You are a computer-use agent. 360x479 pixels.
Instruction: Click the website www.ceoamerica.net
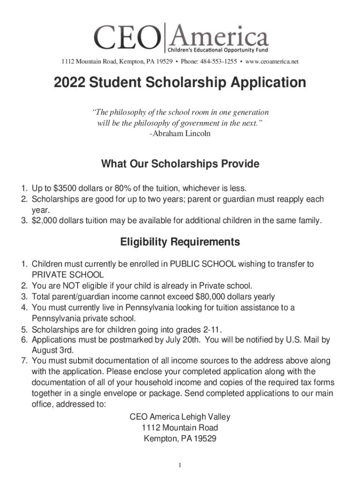click(x=272, y=62)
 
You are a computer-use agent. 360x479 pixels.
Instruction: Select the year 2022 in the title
click(x=71, y=83)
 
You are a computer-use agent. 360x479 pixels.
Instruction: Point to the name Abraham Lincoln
click(x=182, y=134)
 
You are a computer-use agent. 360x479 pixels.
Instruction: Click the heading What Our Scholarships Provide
click(x=180, y=164)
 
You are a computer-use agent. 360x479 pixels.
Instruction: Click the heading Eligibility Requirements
click(x=180, y=242)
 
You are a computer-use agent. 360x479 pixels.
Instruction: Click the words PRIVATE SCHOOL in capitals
click(x=67, y=275)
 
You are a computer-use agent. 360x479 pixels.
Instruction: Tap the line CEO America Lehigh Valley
click(x=180, y=417)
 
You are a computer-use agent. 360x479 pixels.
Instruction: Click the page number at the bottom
click(x=180, y=465)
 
